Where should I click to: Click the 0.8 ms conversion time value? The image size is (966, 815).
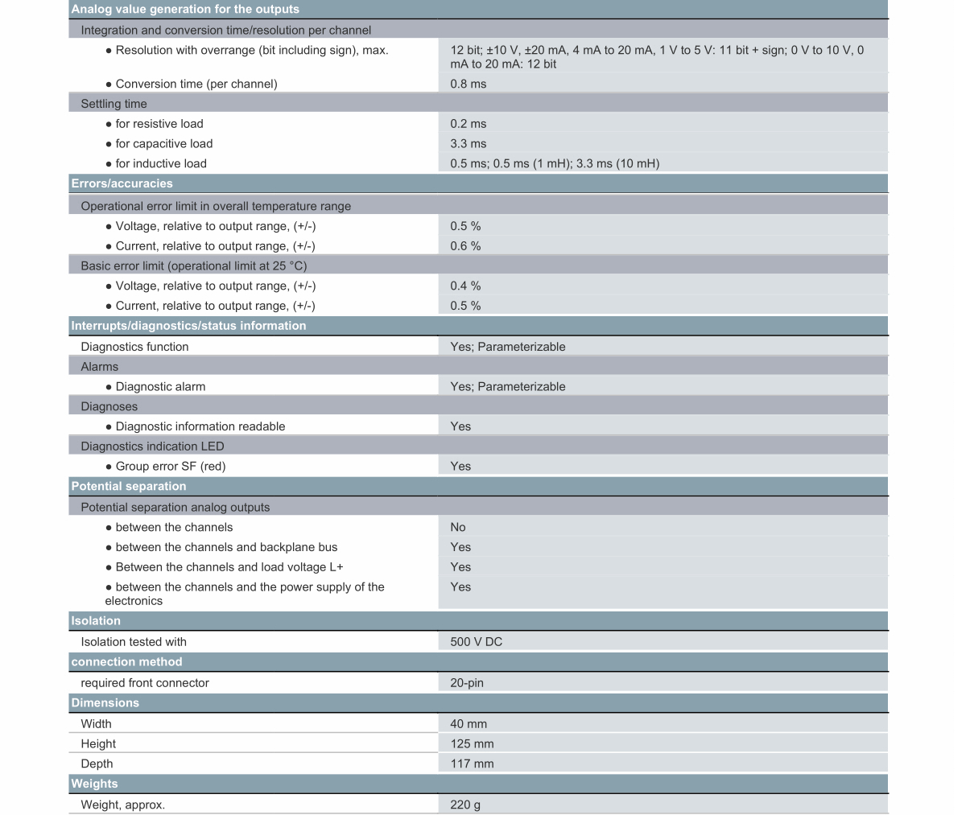click(469, 84)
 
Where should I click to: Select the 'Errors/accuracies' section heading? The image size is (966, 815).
click(122, 183)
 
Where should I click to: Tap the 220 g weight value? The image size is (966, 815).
click(465, 805)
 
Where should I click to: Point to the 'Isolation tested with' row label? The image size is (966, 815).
click(134, 642)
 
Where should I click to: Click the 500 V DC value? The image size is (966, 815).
click(477, 642)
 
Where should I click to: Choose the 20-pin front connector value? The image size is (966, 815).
click(467, 683)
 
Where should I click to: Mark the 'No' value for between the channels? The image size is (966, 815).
click(458, 527)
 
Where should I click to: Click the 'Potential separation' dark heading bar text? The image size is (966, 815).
click(129, 486)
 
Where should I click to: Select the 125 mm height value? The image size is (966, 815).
click(473, 744)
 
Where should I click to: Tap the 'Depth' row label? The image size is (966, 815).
click(97, 764)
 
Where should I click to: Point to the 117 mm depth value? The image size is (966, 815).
click(473, 764)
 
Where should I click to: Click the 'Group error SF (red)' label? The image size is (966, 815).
click(171, 466)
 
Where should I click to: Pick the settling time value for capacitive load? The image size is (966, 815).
click(469, 143)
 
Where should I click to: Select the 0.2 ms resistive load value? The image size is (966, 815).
click(469, 124)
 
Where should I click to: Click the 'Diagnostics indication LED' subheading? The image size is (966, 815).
click(152, 447)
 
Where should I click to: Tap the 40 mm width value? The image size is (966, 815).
click(469, 724)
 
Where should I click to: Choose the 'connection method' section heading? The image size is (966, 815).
click(126, 662)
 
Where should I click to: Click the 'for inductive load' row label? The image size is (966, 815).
click(161, 163)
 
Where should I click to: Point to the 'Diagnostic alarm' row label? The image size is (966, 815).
click(160, 387)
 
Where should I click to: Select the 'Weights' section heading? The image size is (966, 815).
click(94, 784)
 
